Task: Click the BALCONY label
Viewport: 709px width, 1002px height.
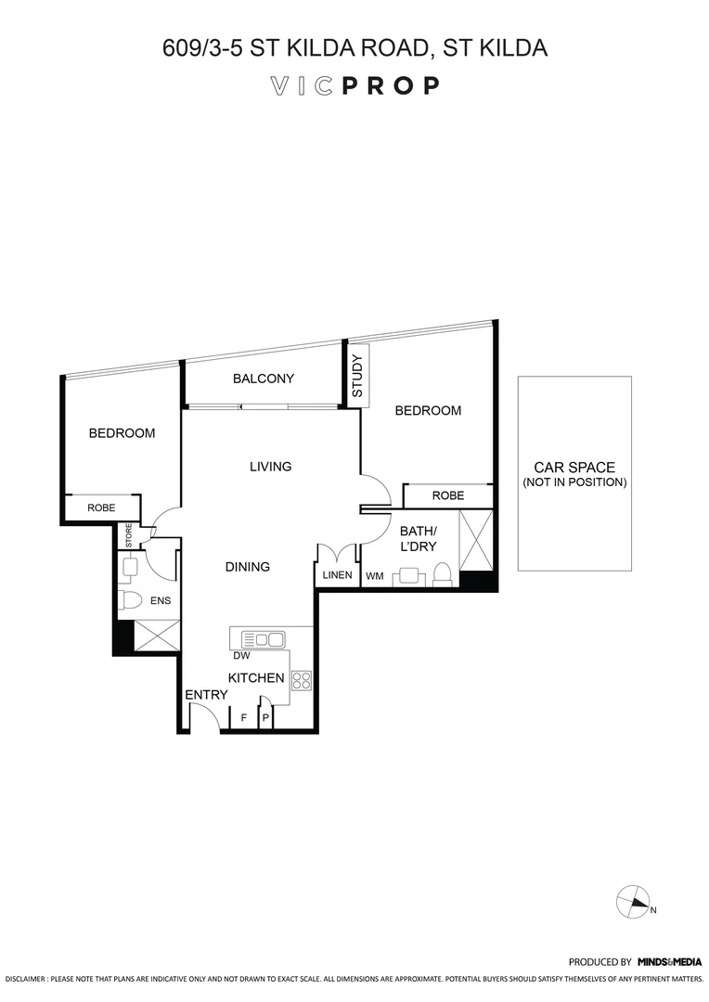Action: [x=264, y=379]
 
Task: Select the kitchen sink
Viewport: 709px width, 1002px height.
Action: [x=263, y=638]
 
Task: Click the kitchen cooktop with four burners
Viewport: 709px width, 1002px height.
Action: [x=302, y=680]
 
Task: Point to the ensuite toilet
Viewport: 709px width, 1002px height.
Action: [x=129, y=601]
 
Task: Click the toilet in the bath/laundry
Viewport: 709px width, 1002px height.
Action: [x=444, y=575]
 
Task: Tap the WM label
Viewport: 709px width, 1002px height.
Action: [x=374, y=576]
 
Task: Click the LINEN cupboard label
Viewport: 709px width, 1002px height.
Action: [x=337, y=575]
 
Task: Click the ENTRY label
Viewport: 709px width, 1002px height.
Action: [x=206, y=695]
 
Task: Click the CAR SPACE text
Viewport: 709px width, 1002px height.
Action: [x=574, y=468]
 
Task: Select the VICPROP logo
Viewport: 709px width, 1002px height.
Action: [x=354, y=86]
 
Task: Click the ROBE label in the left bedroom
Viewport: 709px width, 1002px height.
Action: [x=101, y=507]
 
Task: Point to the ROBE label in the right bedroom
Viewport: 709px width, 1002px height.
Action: [x=447, y=496]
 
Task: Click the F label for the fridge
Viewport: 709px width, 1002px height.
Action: [x=244, y=718]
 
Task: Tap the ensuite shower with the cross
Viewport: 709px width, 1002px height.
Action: [x=157, y=637]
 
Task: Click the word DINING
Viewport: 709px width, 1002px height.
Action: [x=247, y=567]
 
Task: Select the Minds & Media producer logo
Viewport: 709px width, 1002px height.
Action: [x=667, y=963]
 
